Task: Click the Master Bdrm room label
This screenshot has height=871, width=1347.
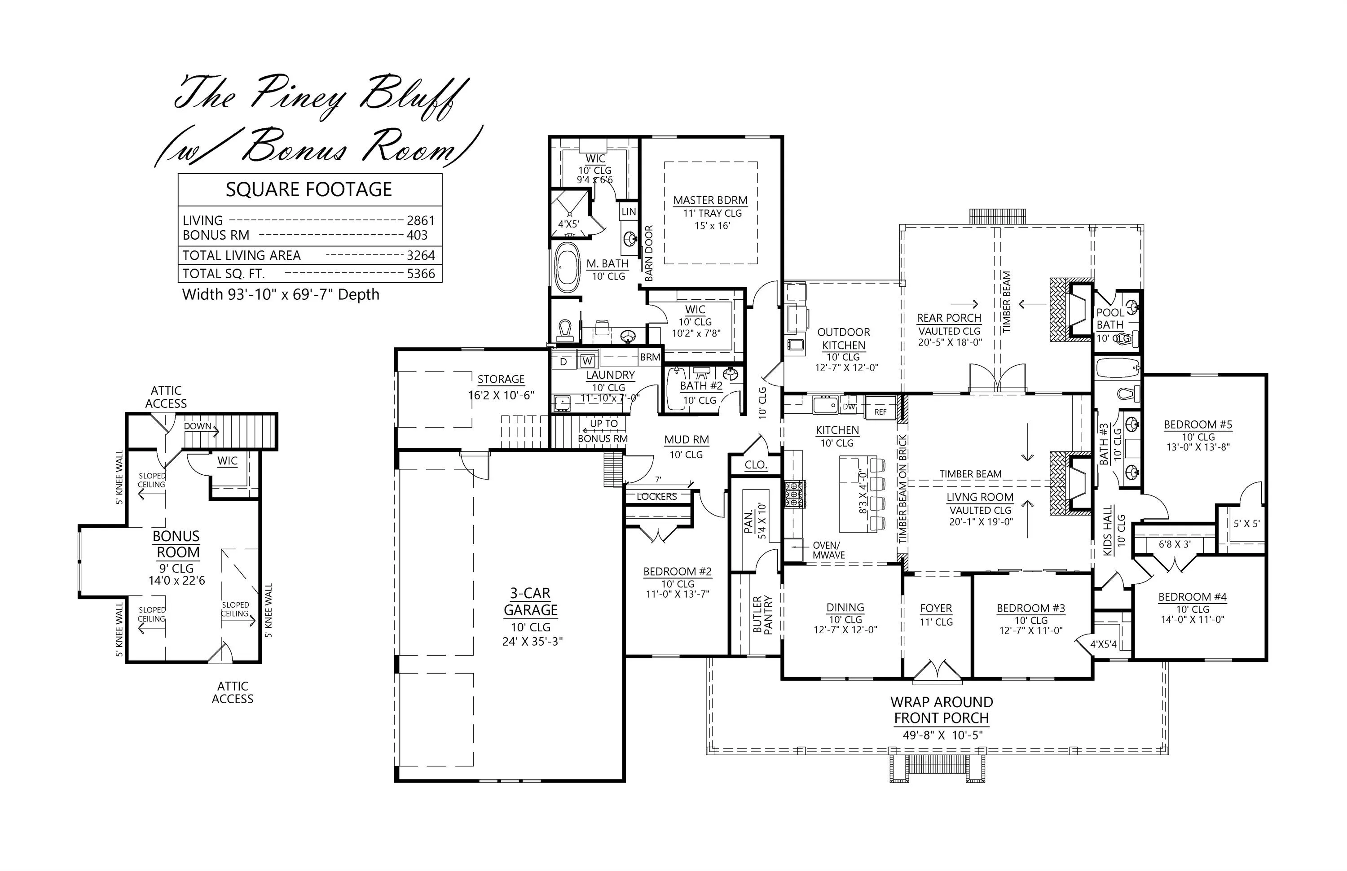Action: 710,200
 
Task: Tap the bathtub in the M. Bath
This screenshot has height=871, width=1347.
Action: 567,267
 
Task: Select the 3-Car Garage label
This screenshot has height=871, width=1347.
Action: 531,601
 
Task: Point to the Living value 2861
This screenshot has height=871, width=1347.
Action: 421,221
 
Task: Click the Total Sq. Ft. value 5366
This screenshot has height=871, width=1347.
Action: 421,274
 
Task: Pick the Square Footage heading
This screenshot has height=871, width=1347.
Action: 309,189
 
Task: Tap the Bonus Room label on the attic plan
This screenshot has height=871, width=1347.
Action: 176,544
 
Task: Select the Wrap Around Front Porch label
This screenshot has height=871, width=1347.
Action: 942,710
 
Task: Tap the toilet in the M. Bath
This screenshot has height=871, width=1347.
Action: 565,331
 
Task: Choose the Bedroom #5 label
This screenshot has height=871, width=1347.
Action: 1198,424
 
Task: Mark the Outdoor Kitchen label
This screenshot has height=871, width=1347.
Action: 844,339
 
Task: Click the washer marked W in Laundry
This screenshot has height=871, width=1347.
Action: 587,360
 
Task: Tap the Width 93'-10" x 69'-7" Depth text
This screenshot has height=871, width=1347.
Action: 281,295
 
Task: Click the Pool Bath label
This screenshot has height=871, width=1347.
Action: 1110,319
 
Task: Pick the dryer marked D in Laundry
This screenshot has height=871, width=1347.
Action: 563,361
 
